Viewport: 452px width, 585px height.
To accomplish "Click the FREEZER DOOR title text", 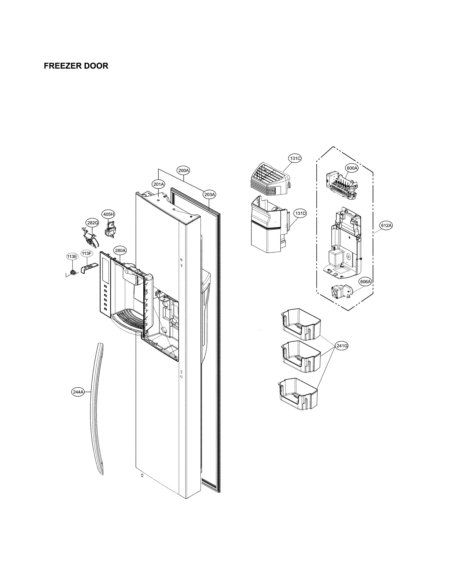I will click(76, 66).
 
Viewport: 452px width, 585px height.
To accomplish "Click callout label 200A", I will click(183, 170).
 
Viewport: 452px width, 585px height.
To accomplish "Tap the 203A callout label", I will click(210, 194).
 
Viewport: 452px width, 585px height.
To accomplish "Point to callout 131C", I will click(295, 158).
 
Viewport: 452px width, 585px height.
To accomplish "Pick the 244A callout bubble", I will click(78, 392).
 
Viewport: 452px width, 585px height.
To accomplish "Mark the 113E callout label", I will click(72, 256).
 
